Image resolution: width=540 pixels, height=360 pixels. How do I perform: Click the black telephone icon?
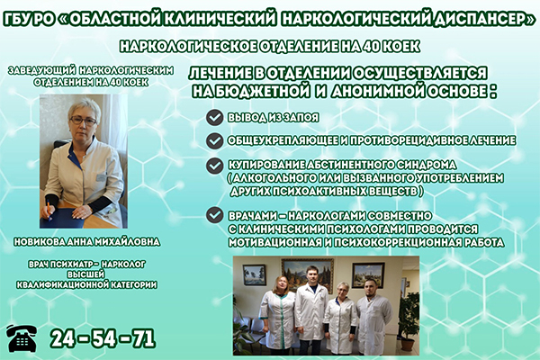(x=22, y=338)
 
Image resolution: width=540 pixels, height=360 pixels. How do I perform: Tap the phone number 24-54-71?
(x=103, y=339)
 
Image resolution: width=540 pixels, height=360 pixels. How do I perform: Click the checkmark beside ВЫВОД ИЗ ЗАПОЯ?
(x=214, y=118)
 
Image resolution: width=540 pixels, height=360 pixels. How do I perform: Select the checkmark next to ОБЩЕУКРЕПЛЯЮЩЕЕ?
(x=214, y=140)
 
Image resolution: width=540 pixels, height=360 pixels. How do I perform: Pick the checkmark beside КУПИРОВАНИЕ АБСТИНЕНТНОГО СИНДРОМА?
(x=214, y=166)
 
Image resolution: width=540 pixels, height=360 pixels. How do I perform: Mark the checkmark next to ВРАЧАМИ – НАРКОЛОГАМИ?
(x=214, y=215)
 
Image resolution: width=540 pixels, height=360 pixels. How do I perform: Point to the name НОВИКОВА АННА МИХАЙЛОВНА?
(x=86, y=242)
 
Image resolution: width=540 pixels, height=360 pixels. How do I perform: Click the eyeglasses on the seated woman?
(x=84, y=121)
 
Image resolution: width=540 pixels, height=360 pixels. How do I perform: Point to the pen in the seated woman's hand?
(x=49, y=211)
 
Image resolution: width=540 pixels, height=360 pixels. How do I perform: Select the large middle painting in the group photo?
(x=308, y=274)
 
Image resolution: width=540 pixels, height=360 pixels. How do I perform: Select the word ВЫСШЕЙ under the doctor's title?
(x=86, y=274)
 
